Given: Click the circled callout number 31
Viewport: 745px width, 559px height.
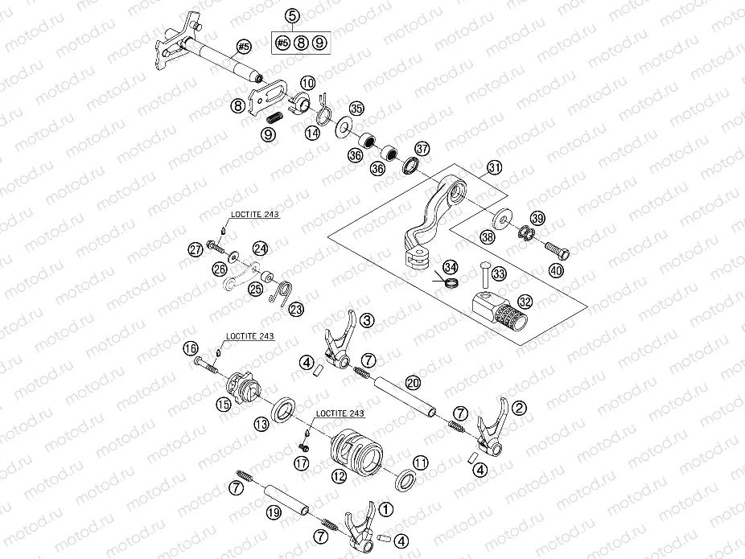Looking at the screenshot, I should tap(494, 168).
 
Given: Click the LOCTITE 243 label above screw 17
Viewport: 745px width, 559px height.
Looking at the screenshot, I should tap(340, 413).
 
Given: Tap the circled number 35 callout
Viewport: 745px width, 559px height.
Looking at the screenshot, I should tap(356, 108).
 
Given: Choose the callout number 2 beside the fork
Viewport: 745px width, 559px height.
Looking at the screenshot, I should tap(520, 409).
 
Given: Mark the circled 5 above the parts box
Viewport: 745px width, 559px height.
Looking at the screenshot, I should tap(291, 15).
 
